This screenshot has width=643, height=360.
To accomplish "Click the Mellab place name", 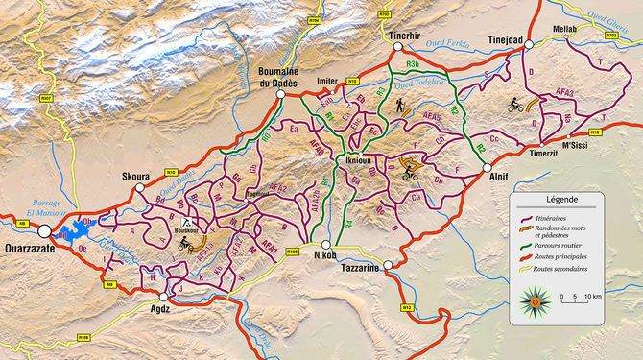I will [564, 29].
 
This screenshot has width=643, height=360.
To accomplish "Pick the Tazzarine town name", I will [360, 270].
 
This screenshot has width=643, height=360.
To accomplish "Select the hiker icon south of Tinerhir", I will [399, 108].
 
